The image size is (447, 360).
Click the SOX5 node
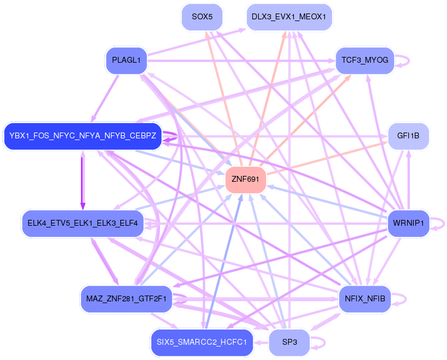202,17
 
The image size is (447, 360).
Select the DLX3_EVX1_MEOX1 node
289,17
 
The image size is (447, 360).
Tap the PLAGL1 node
126,60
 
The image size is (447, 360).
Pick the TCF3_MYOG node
365,60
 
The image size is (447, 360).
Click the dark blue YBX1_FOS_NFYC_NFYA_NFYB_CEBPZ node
83,136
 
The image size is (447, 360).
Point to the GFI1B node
408,136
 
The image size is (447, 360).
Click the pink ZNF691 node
245,179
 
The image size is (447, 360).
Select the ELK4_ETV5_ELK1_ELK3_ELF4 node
83,223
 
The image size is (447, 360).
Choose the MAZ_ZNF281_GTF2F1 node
126,299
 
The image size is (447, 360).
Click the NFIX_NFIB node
365,299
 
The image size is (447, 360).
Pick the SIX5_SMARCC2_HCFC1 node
202,342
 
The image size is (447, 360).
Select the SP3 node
289,342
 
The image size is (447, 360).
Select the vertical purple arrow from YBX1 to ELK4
83,180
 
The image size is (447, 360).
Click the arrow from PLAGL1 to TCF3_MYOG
241,61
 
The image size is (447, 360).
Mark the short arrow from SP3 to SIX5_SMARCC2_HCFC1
261,342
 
